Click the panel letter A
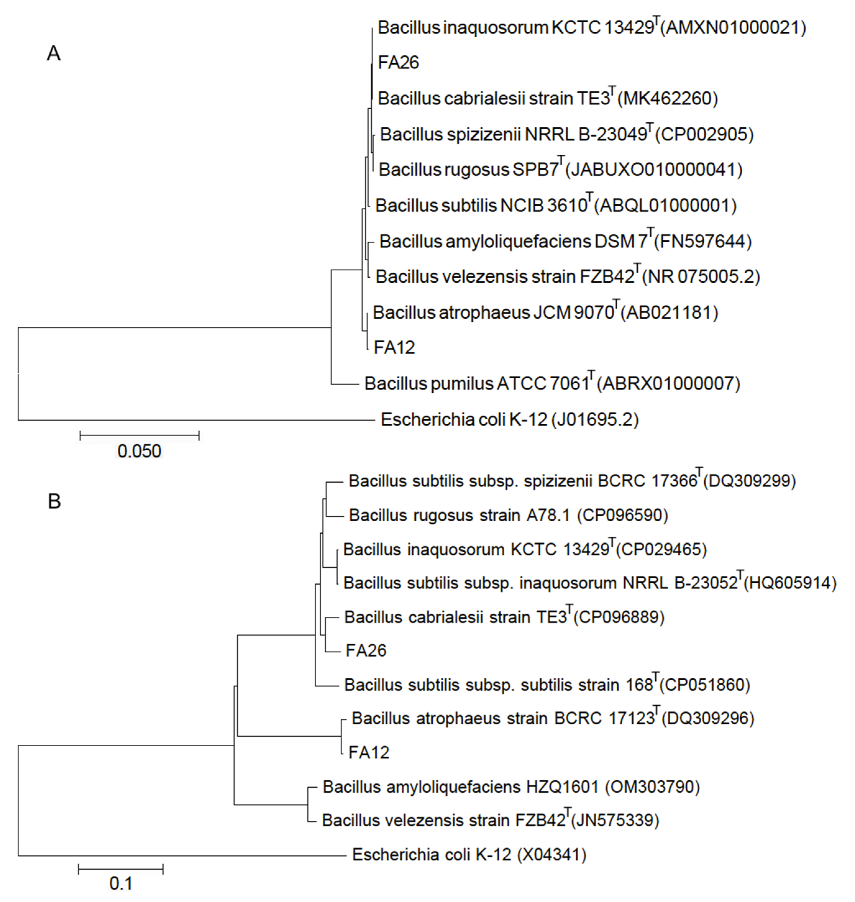pos(53,54)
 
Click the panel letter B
pos(54,501)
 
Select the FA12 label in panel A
pos(394,348)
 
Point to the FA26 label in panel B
pos(366,650)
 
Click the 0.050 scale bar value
pos(139,451)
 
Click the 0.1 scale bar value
pos(121,884)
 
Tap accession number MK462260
pos(668,98)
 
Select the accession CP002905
pos(704,134)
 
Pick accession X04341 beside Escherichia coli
pos(552,854)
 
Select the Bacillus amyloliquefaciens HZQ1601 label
pos(460,787)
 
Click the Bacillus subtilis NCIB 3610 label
pos(481,206)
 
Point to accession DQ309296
pos(708,718)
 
